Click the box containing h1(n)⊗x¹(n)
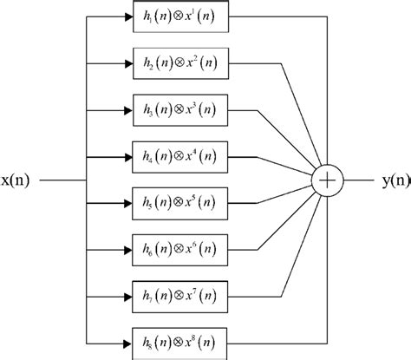coord(180,17)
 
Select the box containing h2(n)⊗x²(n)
coord(180,64)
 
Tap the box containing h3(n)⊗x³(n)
coord(180,111)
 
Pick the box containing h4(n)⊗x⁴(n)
coord(180,157)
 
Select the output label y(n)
coord(387,180)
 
